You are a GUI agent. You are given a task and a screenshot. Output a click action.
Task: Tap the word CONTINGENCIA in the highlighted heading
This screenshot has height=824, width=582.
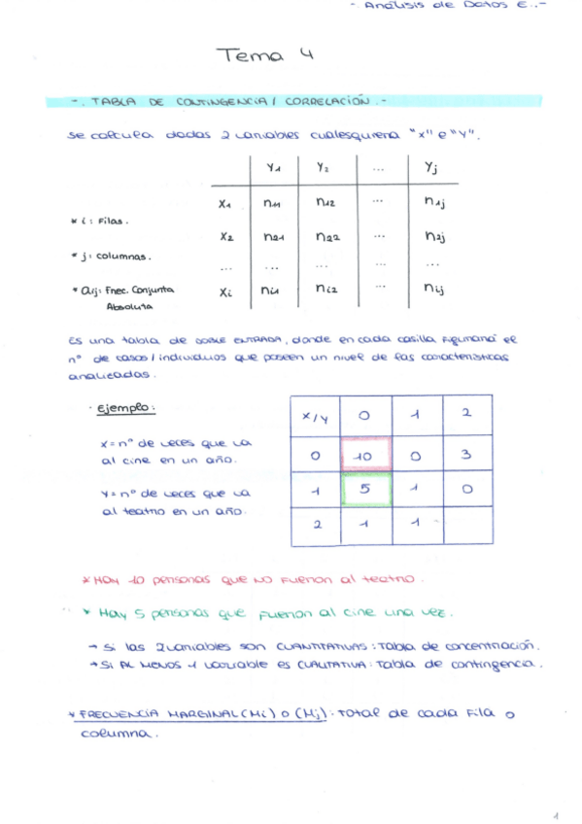coord(211,100)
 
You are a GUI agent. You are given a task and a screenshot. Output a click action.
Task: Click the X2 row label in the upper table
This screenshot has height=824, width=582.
coord(226,236)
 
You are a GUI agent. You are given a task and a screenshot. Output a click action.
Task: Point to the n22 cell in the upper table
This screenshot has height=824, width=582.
coord(327,236)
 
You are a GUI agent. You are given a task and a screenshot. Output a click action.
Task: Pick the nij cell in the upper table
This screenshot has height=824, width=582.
coord(433,289)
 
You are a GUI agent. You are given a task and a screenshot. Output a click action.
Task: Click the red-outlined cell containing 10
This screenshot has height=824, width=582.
coord(365,454)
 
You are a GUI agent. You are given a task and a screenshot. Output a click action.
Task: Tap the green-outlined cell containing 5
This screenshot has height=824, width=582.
coord(365,490)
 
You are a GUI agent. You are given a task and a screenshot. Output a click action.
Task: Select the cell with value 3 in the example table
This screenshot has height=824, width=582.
coord(467,454)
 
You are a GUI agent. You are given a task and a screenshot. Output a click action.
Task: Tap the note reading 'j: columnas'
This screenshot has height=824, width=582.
coord(110,257)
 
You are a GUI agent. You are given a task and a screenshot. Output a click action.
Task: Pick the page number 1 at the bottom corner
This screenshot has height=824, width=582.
coord(556,814)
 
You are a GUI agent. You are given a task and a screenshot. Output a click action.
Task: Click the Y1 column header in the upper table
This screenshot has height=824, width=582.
coord(273,169)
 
